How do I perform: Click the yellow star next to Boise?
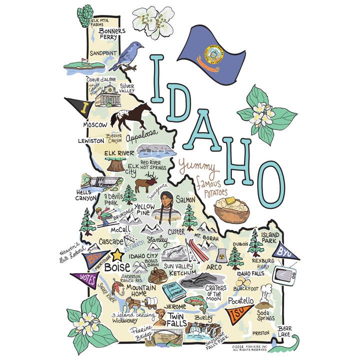pos(118,255)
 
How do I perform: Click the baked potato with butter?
pos(232,209)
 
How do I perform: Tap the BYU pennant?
pos(286,250)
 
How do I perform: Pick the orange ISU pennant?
pos(239,313)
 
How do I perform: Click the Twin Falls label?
pos(177,320)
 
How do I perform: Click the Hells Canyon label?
pos(86,195)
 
